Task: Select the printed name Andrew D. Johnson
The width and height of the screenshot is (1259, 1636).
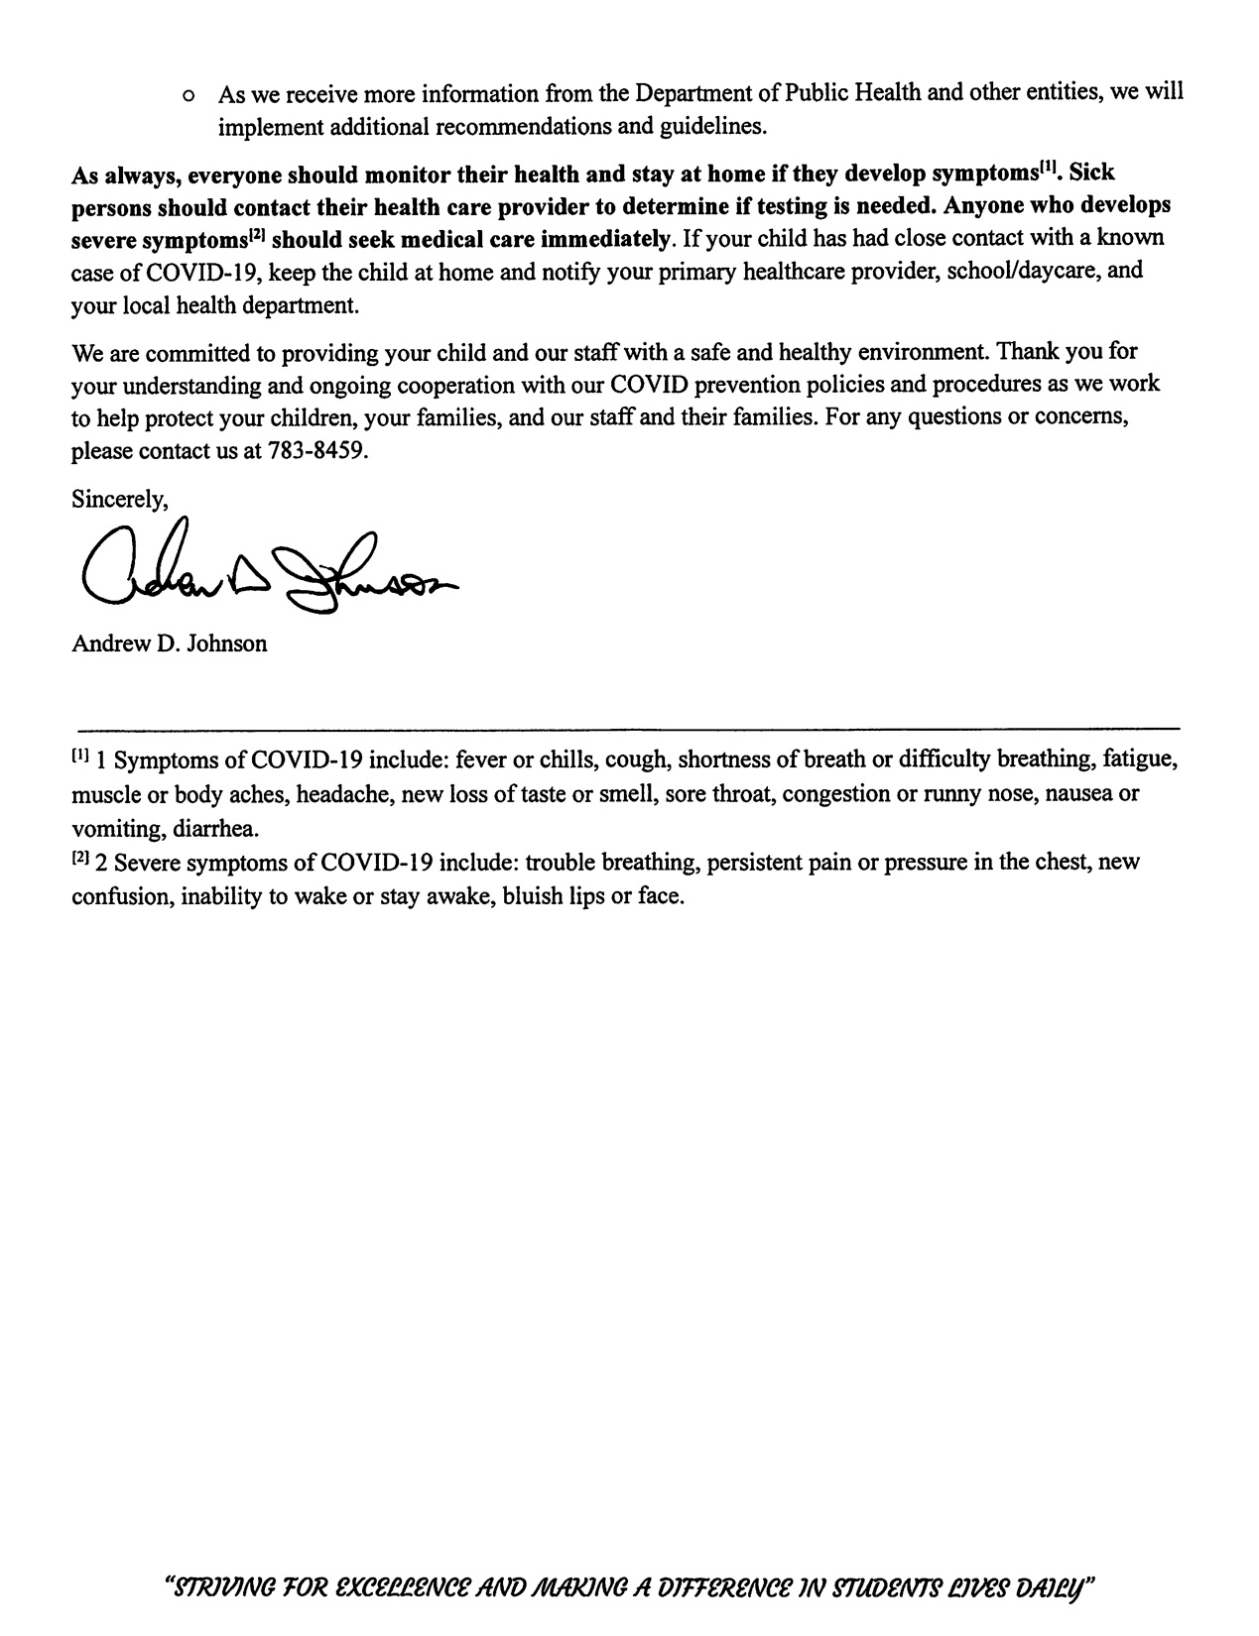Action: point(169,643)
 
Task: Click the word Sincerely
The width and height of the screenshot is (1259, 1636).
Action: point(119,499)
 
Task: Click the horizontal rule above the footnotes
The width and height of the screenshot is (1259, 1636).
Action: point(627,729)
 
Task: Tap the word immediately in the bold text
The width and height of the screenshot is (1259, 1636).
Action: point(615,239)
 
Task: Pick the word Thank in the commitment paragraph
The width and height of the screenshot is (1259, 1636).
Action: point(1028,351)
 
